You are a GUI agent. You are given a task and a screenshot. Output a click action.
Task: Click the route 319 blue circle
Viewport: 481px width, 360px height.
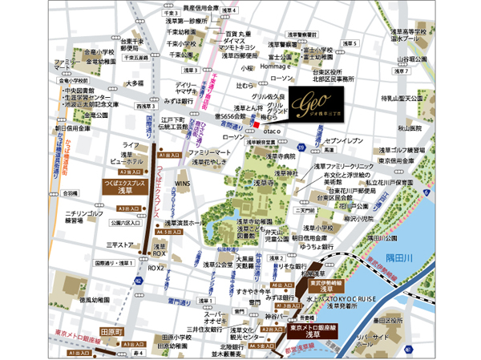pyautogui.click(x=300, y=148)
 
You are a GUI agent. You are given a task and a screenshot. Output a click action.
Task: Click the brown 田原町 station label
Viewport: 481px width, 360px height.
pyautogui.click(x=110, y=330)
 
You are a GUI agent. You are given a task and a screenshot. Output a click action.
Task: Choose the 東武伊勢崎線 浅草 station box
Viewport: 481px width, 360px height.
pyautogui.click(x=323, y=286)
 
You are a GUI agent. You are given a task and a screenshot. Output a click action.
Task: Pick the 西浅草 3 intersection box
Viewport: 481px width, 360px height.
pyautogui.click(x=144, y=105)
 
